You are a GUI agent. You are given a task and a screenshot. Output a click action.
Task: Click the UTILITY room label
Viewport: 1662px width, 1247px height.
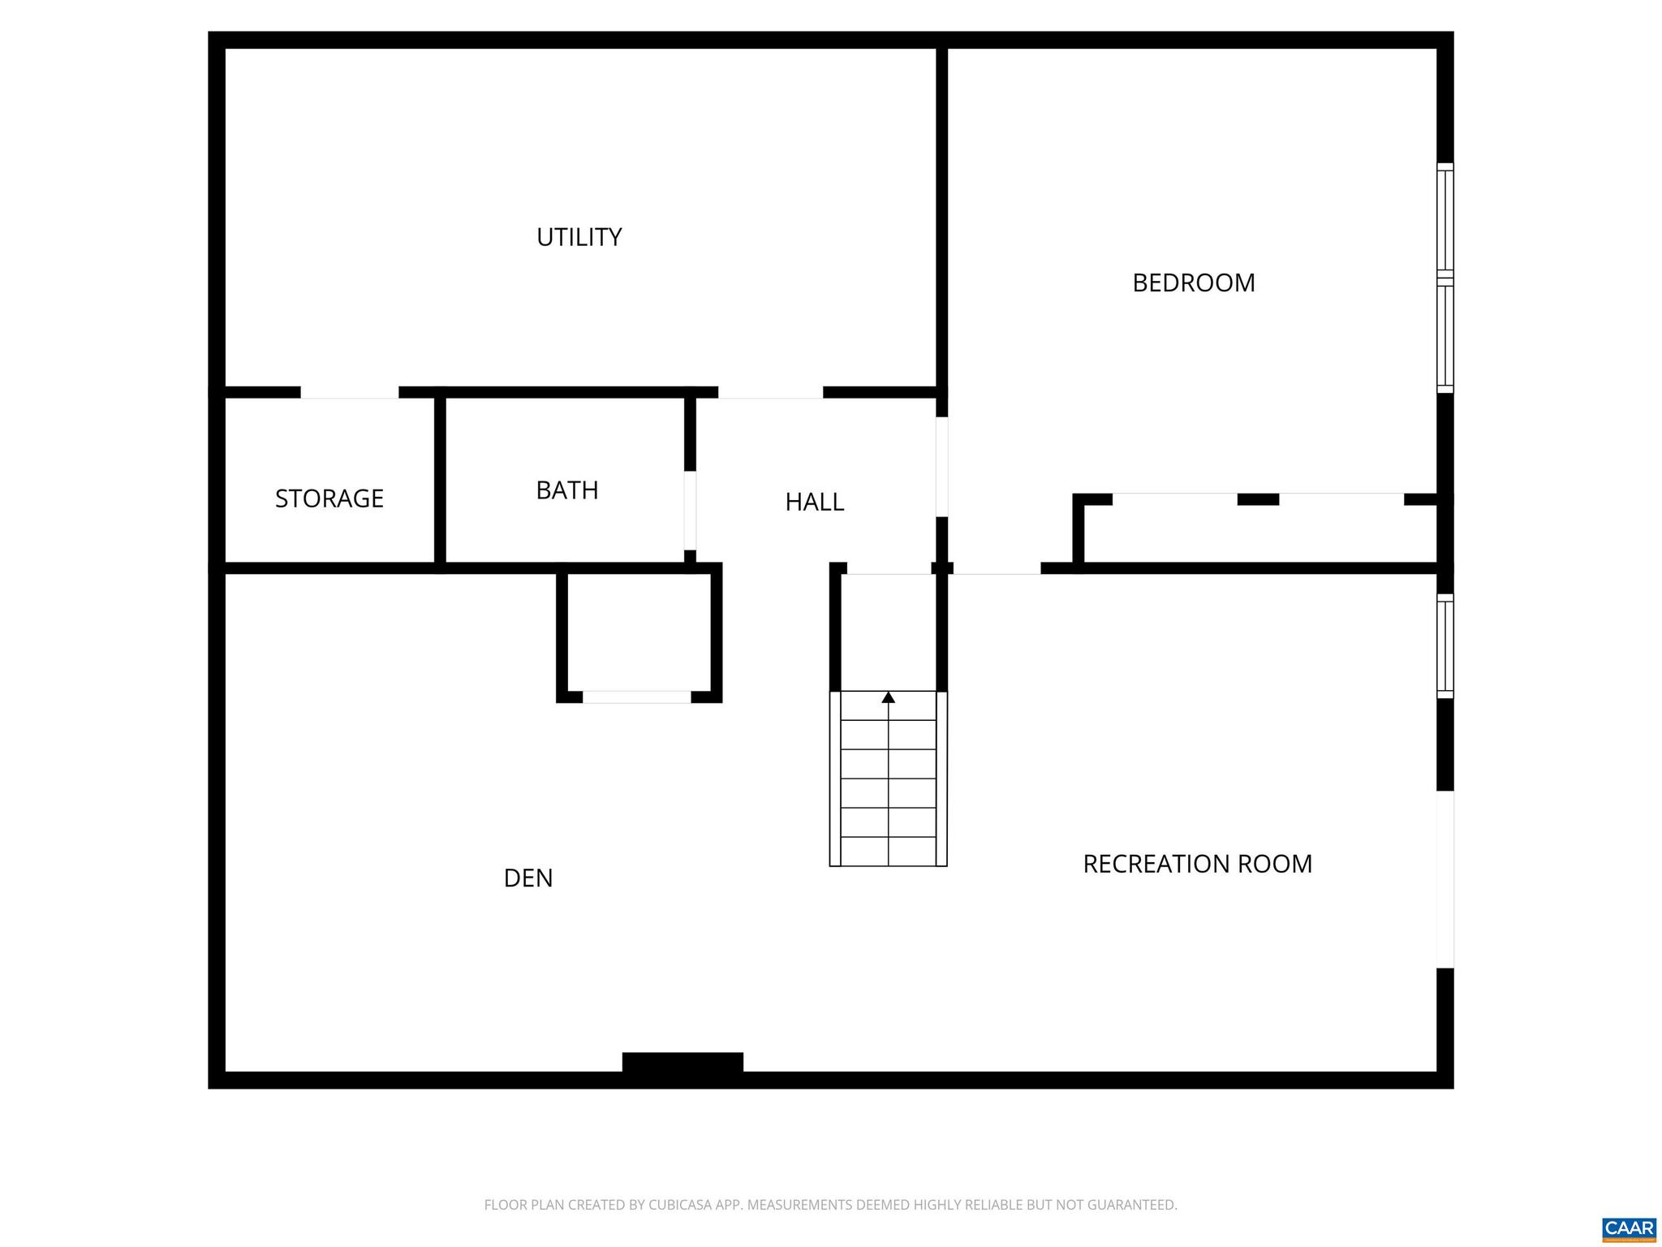[x=579, y=237]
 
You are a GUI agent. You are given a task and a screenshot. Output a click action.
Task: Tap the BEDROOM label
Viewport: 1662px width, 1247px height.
[x=1193, y=283]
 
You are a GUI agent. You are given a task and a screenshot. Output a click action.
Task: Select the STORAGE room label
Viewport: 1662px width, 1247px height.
[x=329, y=498]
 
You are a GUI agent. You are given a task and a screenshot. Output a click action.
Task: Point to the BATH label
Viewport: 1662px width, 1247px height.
[x=566, y=490]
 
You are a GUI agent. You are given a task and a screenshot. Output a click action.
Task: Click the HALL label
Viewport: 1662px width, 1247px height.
[x=814, y=503]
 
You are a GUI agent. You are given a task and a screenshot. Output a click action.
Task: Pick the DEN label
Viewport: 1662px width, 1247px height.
[x=527, y=878]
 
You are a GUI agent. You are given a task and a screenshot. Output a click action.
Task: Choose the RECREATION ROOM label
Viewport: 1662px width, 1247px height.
[x=1197, y=864]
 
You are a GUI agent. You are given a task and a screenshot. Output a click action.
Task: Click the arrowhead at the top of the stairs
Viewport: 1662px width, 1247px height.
[x=888, y=697]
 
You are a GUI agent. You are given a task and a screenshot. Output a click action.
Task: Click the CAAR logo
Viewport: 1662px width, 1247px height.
[x=1629, y=1228]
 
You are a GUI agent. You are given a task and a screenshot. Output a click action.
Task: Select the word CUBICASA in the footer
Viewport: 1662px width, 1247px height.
[x=682, y=1205]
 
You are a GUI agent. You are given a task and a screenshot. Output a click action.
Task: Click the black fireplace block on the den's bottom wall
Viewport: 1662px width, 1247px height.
[x=682, y=1062]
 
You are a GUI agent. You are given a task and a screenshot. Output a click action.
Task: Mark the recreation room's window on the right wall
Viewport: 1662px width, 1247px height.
[x=1445, y=645]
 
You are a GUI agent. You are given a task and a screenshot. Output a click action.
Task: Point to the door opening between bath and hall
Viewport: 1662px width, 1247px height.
[x=690, y=510]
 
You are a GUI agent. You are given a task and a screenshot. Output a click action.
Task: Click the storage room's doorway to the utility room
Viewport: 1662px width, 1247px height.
[x=349, y=393]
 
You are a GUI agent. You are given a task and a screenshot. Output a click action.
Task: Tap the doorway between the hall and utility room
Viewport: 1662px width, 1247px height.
[x=770, y=393]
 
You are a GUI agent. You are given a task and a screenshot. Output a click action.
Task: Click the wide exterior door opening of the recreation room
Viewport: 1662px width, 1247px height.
[x=1445, y=879]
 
